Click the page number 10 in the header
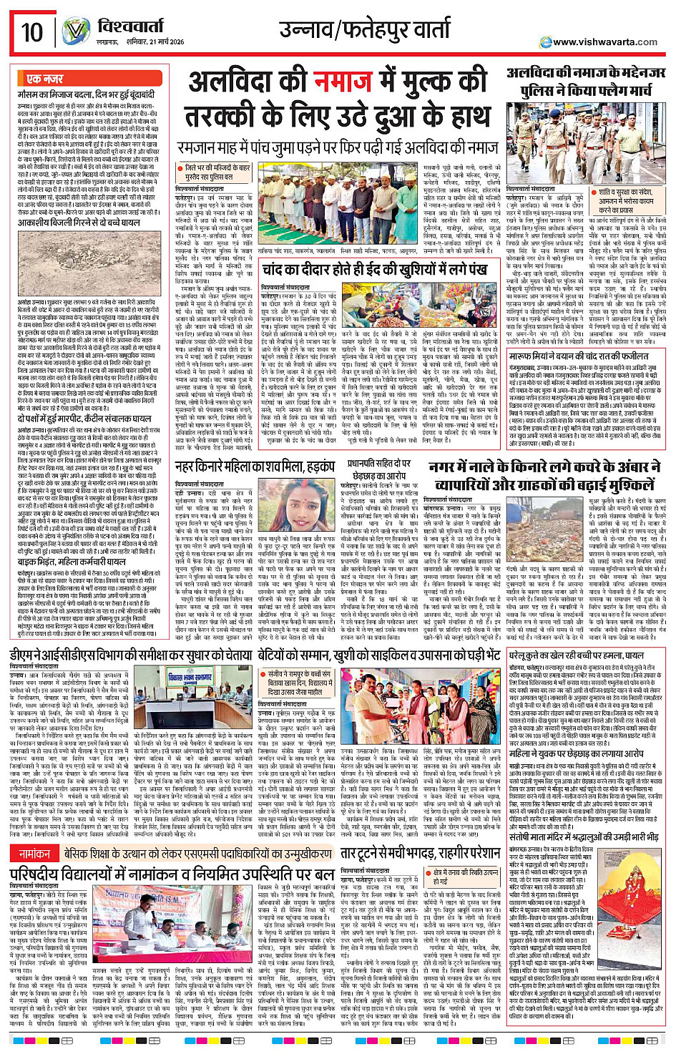point(32,32)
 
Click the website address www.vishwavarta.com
point(604,42)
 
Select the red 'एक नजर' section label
point(44,79)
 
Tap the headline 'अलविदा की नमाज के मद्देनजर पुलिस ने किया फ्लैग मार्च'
point(587,82)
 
